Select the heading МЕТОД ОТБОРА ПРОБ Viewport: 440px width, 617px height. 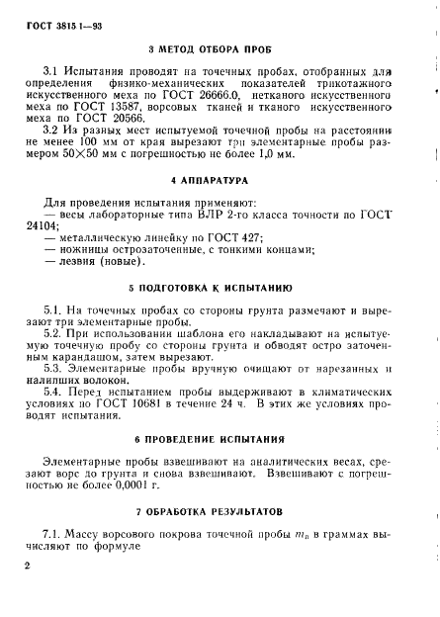pyautogui.click(x=219, y=47)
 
